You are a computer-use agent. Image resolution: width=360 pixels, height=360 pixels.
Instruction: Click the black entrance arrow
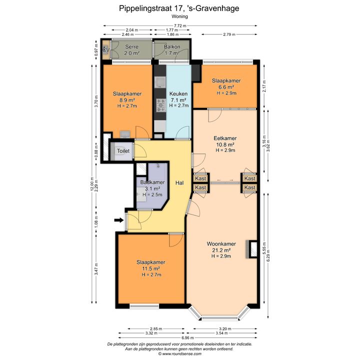click(x=119, y=220)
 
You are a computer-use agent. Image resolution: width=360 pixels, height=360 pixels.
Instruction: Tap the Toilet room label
click(x=123, y=151)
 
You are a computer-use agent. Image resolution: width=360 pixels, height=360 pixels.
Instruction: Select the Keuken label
click(x=178, y=93)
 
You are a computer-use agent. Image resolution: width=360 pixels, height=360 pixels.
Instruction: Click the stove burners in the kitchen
click(x=161, y=105)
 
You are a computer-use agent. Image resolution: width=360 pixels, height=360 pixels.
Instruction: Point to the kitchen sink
click(x=160, y=82)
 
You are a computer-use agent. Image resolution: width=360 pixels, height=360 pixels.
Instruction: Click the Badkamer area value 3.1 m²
click(x=152, y=188)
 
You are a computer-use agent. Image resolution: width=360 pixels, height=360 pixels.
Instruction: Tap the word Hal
click(x=179, y=183)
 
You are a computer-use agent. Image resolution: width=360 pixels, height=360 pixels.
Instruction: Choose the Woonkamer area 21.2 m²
click(x=221, y=250)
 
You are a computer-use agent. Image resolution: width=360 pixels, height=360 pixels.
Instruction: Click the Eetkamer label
click(x=225, y=138)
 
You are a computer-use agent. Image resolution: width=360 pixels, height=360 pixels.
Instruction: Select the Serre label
click(x=132, y=47)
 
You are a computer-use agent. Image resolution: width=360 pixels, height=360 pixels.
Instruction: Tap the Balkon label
click(x=172, y=47)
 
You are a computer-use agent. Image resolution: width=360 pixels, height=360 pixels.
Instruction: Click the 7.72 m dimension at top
click(x=180, y=25)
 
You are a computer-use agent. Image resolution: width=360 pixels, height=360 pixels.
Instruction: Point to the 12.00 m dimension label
click(x=92, y=183)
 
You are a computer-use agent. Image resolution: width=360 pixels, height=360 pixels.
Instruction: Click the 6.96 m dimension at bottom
click(x=187, y=337)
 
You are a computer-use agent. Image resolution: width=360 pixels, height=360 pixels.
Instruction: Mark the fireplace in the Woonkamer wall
click(x=251, y=249)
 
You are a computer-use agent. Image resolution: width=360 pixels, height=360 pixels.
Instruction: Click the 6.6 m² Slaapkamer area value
click(x=226, y=87)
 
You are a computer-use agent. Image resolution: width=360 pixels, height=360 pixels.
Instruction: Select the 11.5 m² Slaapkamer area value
click(x=151, y=268)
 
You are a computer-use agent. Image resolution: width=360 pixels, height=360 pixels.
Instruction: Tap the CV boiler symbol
click(x=106, y=49)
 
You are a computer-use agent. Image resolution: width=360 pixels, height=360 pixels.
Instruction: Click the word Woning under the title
click(x=180, y=16)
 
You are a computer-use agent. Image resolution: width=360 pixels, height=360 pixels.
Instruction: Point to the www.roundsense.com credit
click(x=180, y=354)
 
